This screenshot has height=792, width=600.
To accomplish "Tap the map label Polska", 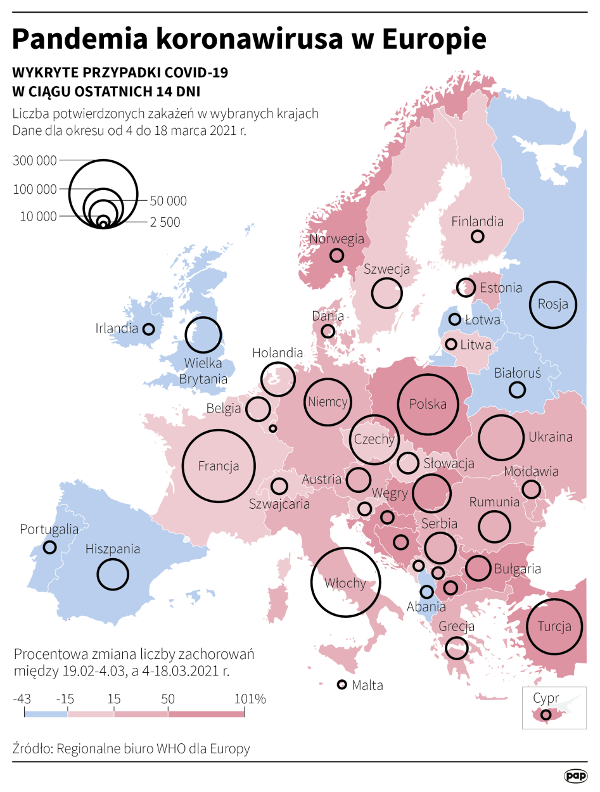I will (x=428, y=404).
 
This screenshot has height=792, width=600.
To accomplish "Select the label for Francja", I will (x=218, y=466).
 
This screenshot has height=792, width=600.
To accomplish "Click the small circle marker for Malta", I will (x=342, y=684).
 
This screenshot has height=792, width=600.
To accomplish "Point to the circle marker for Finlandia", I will (x=478, y=236).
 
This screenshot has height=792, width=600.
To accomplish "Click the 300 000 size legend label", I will (x=34, y=161).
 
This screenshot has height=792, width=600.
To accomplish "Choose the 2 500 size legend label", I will (x=165, y=222).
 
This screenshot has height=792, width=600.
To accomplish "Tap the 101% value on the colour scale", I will (x=250, y=699).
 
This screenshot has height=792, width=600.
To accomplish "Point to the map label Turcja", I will (x=554, y=627).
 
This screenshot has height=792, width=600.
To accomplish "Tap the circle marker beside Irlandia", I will (x=149, y=329).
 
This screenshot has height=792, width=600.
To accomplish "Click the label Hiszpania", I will (x=113, y=549).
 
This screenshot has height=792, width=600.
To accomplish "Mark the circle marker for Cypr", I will (x=546, y=715).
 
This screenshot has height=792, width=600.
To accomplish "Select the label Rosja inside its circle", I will (x=552, y=304).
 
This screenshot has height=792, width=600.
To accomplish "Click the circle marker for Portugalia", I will (x=49, y=547).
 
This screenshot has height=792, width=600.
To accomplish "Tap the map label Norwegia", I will (x=336, y=239).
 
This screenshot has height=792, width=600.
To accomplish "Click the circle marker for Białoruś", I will (x=518, y=390).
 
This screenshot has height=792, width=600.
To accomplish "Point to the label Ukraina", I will (x=551, y=437).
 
